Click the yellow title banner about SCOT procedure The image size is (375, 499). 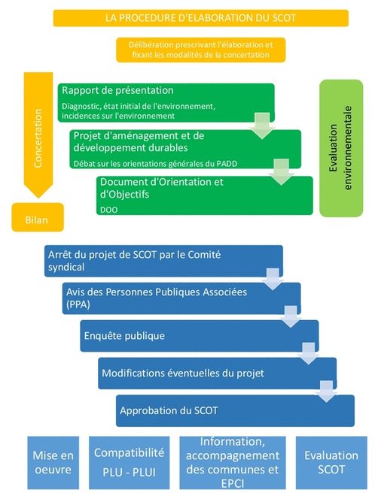pyautogui.click(x=200, y=18)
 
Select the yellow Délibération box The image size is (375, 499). pyautogui.click(x=200, y=50)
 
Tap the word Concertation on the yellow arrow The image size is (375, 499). pyautogui.click(x=38, y=138)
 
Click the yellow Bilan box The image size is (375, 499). pyautogui.click(x=38, y=217)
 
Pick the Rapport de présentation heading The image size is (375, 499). pyautogui.click(x=117, y=90)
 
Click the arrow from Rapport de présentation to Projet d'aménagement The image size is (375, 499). pyautogui.click(x=262, y=126)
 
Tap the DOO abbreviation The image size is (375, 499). pyautogui.click(x=108, y=210)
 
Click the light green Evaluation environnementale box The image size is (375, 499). pyautogui.click(x=341, y=148)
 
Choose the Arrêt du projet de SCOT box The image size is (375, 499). pyautogui.click(x=163, y=261)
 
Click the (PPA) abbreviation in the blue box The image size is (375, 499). pyautogui.click(x=78, y=304)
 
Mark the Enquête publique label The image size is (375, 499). pyautogui.click(x=124, y=336)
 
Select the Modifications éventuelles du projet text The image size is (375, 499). pyautogui.click(x=183, y=373)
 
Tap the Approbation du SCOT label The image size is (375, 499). pyautogui.click(x=169, y=410)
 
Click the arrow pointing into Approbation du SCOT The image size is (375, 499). pyautogui.click(x=326, y=391)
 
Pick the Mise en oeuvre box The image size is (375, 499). pyautogui.click(x=53, y=462)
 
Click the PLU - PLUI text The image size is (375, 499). pyautogui.click(x=130, y=472)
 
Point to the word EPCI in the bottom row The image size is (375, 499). pyautogui.click(x=233, y=483)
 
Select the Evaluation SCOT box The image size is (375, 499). pyautogui.click(x=331, y=462)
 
